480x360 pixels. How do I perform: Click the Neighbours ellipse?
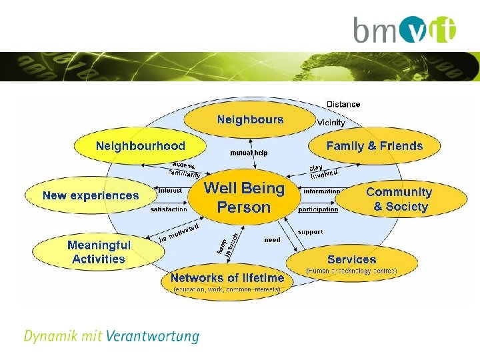click(x=249, y=120)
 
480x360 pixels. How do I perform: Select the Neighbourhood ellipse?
click(x=140, y=146)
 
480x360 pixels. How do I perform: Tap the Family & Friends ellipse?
click(x=374, y=146)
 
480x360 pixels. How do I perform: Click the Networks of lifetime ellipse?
click(x=227, y=281)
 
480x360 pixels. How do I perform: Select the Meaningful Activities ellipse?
click(x=99, y=252)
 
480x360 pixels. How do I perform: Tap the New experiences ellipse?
click(x=91, y=195)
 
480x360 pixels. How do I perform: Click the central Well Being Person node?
click(x=244, y=197)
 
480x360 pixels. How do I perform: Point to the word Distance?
click(x=343, y=104)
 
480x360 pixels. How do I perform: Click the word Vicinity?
click(x=331, y=123)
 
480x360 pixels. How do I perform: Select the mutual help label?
click(x=249, y=153)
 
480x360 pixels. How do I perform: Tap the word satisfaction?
click(x=169, y=209)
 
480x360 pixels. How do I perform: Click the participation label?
click(x=318, y=209)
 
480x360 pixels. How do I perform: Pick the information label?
click(x=321, y=191)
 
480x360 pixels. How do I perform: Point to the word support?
click(x=310, y=232)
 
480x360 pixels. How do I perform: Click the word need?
click(x=272, y=240)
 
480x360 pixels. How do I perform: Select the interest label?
click(x=170, y=191)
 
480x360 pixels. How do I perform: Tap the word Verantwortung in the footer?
click(x=152, y=335)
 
